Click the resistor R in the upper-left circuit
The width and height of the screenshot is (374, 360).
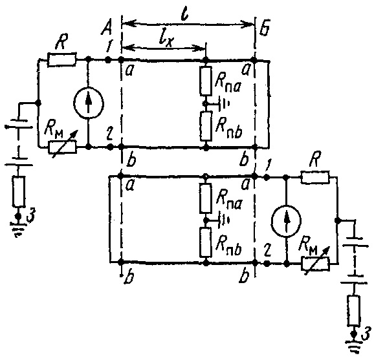[x=62, y=59]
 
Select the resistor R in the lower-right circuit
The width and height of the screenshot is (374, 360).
[x=315, y=177]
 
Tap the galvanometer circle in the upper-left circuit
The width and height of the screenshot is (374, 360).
[x=89, y=103]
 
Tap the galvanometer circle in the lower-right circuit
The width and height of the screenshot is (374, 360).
[x=286, y=221]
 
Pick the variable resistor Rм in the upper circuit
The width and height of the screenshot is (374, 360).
[x=63, y=147]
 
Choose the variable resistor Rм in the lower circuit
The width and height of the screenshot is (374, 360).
[x=315, y=264]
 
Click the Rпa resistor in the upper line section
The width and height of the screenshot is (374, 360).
[x=206, y=81]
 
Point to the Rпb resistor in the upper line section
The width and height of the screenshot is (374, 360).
[x=206, y=126]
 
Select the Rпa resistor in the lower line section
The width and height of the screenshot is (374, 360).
[x=206, y=198]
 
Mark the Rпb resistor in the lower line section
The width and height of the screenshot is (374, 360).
[x=206, y=242]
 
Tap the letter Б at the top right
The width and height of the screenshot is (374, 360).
[x=264, y=30]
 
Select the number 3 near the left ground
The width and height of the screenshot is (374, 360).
[x=31, y=217]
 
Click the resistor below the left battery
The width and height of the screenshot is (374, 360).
[x=19, y=191]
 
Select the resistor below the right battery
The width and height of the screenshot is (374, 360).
[x=354, y=310]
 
